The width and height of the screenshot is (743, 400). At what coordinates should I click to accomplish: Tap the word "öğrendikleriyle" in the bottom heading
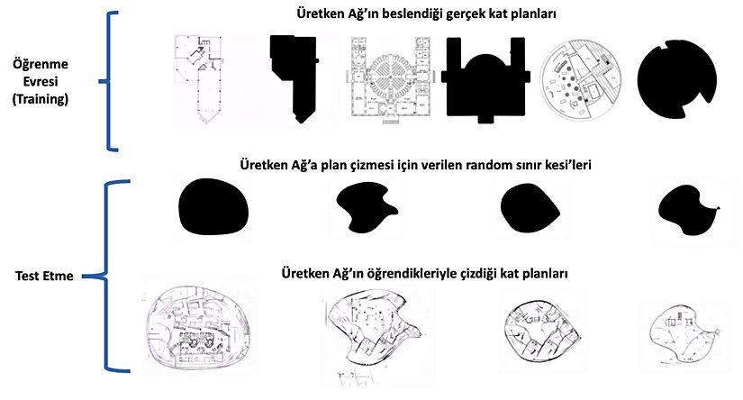pyautogui.click(x=444, y=272)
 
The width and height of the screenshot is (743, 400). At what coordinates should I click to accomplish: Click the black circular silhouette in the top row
pyautogui.click(x=677, y=81)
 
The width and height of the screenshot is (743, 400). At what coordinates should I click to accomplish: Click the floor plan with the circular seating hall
pyautogui.click(x=387, y=80)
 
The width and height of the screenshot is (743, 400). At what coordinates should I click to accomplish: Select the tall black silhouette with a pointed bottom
pyautogui.click(x=294, y=78)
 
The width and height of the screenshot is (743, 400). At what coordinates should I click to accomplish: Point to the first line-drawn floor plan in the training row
pyautogui.click(x=206, y=79)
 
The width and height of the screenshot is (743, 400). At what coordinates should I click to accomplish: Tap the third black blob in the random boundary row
pyautogui.click(x=531, y=206)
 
